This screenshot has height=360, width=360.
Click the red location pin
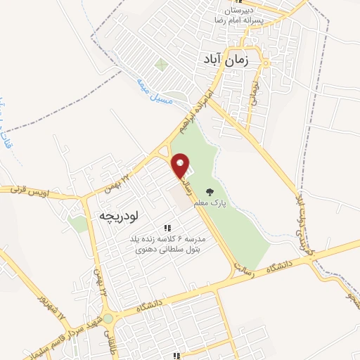click(182, 167)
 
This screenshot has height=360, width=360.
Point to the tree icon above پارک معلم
click(209, 191)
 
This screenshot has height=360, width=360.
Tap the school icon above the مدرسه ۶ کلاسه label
click(167, 227)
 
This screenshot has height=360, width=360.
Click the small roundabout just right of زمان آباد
click(267, 62)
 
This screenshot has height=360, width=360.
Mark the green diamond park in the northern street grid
click(162, 66)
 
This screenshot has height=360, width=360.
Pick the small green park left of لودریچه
click(80, 224)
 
